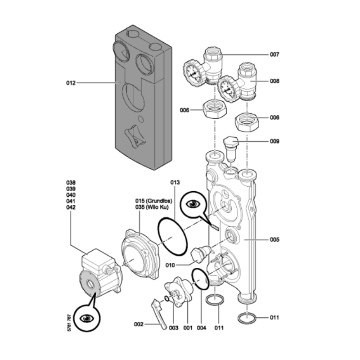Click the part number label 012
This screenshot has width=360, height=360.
pos(71,83)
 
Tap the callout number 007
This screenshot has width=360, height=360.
pos(274,54)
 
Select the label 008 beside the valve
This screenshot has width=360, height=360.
pos(274,81)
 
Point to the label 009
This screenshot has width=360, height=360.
pos(274,141)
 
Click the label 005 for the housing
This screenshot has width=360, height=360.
pos(274,239)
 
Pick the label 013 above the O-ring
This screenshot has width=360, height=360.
pos(175,183)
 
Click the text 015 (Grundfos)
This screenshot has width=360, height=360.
pos(155,201)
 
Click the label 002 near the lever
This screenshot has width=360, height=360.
pos(139,324)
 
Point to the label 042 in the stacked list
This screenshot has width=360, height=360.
pos(71,207)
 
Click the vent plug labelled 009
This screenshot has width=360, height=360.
pos(231,146)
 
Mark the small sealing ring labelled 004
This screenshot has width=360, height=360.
pos(200,279)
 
